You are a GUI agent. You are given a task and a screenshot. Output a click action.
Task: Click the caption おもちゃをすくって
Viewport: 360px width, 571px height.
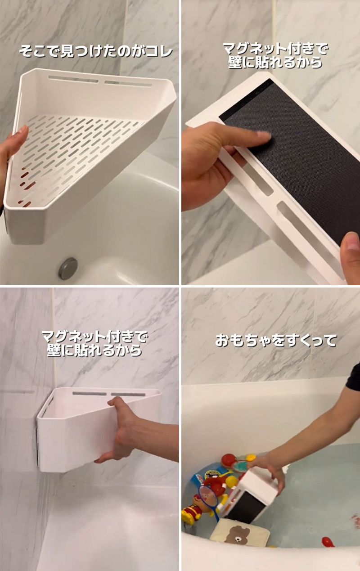coord(275,341)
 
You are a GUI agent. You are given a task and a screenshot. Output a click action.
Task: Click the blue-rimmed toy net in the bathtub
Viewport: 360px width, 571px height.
coord(209,498)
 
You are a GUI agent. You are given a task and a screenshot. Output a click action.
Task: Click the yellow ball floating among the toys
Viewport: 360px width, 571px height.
coord(231,482)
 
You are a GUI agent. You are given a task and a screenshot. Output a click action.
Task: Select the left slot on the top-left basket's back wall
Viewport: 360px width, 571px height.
coord(73,80)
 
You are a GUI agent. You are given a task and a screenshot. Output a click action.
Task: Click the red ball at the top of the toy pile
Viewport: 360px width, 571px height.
coord(229,460)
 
